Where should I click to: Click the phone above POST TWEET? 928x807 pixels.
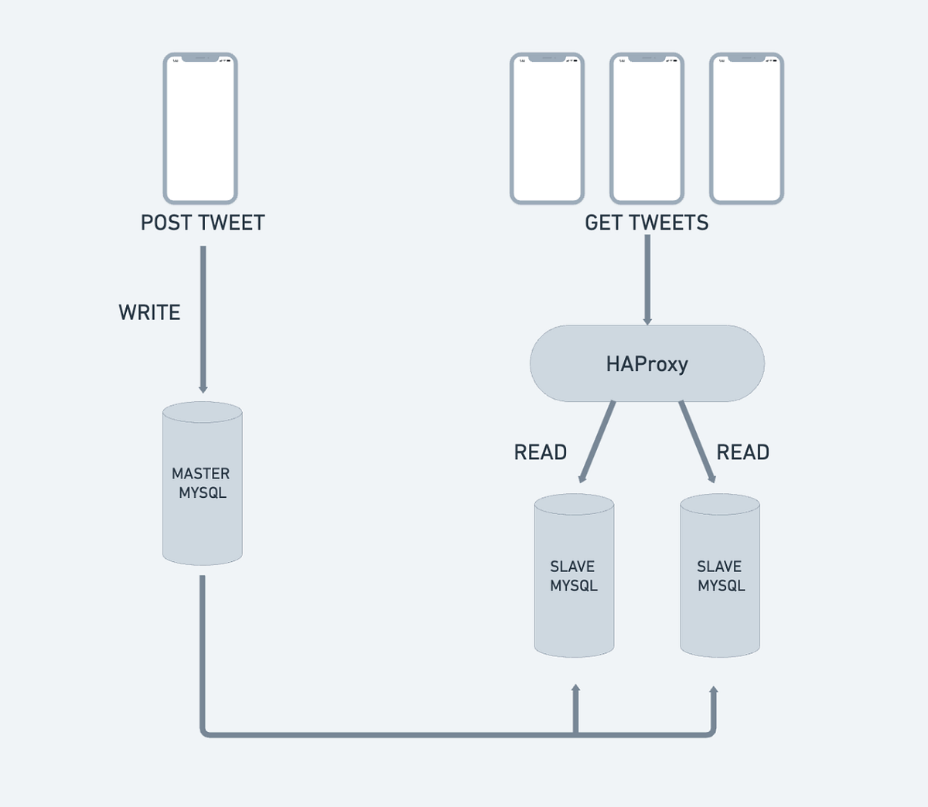pos(200,128)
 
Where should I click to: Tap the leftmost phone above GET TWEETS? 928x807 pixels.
pos(547,128)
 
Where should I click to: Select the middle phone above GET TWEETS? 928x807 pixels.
pos(647,128)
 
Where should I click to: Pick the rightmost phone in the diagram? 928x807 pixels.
pos(746,128)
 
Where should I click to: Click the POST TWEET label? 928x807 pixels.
pos(203,223)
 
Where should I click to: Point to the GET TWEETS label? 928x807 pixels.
pos(647,223)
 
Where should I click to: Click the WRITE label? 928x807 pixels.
pos(149,312)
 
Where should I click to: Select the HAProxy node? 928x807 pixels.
pos(647,363)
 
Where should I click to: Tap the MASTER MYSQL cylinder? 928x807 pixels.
pos(202,484)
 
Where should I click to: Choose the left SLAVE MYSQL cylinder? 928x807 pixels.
pos(574,576)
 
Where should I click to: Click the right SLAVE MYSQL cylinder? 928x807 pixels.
pos(720,576)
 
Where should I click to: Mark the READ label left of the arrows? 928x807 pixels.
pos(541,452)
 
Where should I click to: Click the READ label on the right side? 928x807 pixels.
pos(742,452)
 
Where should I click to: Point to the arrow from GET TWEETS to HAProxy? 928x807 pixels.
pos(647,278)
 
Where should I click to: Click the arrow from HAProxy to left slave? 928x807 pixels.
pos(598,441)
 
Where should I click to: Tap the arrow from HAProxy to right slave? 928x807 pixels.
pos(697,441)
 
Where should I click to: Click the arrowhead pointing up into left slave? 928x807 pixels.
pos(575,689)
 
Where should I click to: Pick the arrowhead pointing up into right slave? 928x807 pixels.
pos(713,690)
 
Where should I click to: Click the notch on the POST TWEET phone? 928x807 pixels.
pos(200,58)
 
